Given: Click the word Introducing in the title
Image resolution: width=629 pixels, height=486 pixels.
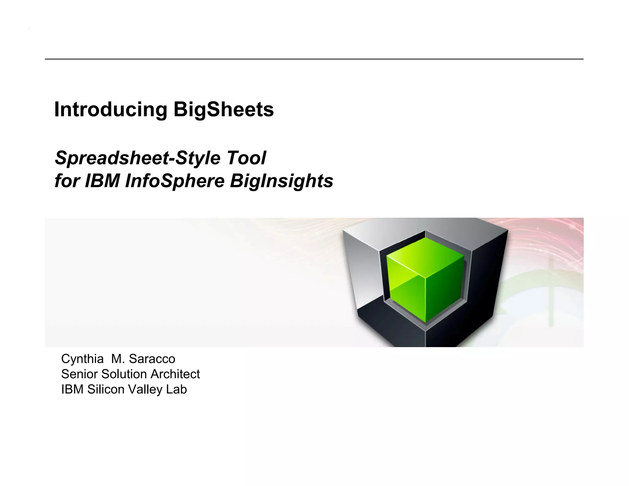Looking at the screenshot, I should pos(111,110).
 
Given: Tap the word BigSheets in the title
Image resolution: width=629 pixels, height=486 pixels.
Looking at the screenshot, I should pos(223,110).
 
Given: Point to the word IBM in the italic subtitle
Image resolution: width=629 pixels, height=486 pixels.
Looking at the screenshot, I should pos(102,181).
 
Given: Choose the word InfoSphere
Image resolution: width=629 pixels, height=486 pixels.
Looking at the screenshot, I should pos(175,181).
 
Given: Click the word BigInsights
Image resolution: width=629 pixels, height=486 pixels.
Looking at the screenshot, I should pos(281,181).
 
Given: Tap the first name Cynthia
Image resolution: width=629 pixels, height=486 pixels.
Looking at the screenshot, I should pos(82,359).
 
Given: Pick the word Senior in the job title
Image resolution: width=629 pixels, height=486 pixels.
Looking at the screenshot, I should pos(80,374).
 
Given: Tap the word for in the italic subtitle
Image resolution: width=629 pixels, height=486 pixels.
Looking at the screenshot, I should pos(67,181).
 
